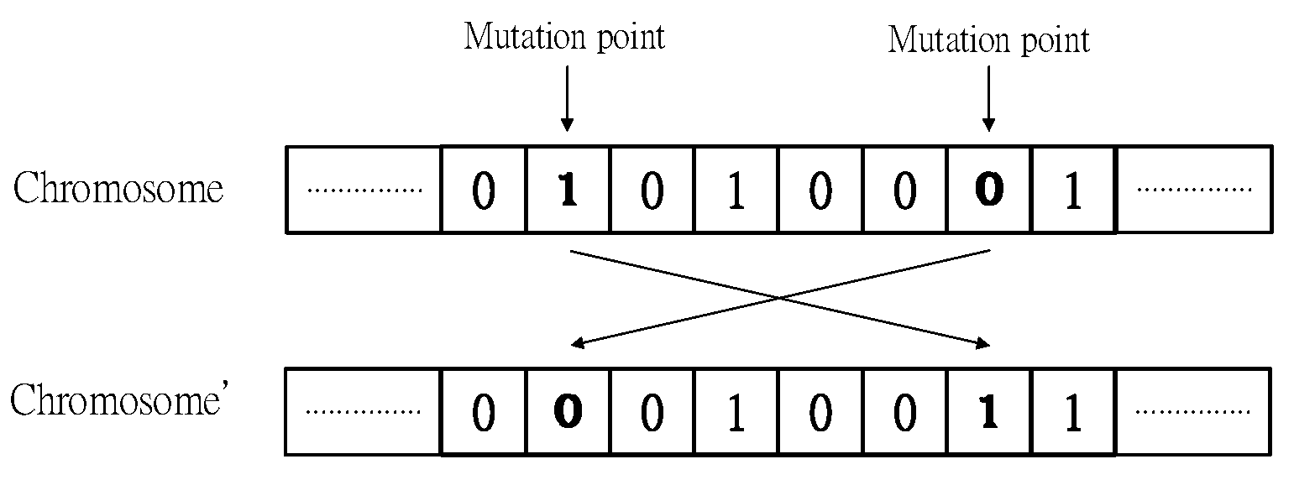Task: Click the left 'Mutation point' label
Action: pyautogui.click(x=564, y=38)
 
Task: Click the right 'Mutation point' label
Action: pyautogui.click(x=988, y=39)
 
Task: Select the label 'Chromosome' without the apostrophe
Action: pyautogui.click(x=118, y=189)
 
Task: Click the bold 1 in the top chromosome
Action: pyautogui.click(x=568, y=190)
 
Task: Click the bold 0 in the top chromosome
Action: pyautogui.click(x=990, y=190)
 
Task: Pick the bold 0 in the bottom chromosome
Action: pyautogui.click(x=568, y=412)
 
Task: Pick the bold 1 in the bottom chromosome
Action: pyautogui.click(x=990, y=412)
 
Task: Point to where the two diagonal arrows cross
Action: pyautogui.click(x=779, y=297)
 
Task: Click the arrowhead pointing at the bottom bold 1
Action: pyautogui.click(x=982, y=343)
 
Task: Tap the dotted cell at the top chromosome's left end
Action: pyautogui.click(x=364, y=190)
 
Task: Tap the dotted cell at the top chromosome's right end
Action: pyautogui.click(x=1193, y=190)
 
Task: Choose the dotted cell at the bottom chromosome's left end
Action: pyautogui.click(x=363, y=412)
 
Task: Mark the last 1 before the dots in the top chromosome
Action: pyautogui.click(x=1073, y=190)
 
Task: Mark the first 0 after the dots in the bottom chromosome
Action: pyautogui.click(x=483, y=412)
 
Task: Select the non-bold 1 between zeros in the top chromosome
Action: pyautogui.click(x=736, y=190)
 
